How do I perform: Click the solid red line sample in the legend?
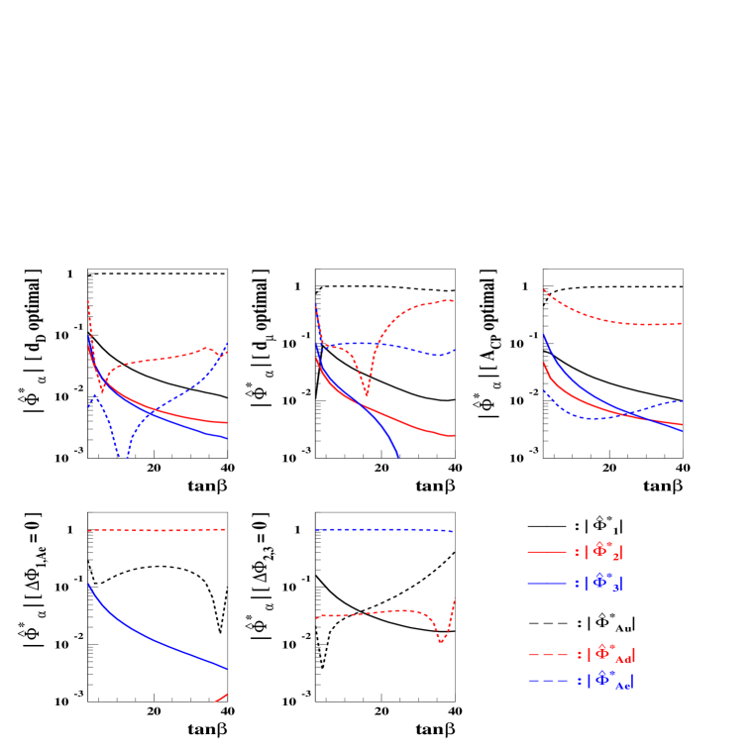[x=546, y=552]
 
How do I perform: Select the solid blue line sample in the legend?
[x=546, y=584]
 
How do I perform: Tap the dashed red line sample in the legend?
[x=547, y=655]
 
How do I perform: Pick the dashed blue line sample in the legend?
[x=547, y=681]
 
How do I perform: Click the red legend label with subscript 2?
[x=603, y=553]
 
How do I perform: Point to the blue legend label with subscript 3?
[x=603, y=584]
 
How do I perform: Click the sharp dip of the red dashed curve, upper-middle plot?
[x=367, y=394]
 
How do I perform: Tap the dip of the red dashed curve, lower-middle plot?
[x=441, y=642]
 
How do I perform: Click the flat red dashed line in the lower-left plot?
[x=159, y=530]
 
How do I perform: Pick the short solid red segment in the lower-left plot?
[x=221, y=699]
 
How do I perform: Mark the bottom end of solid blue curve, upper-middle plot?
[x=398, y=456]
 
